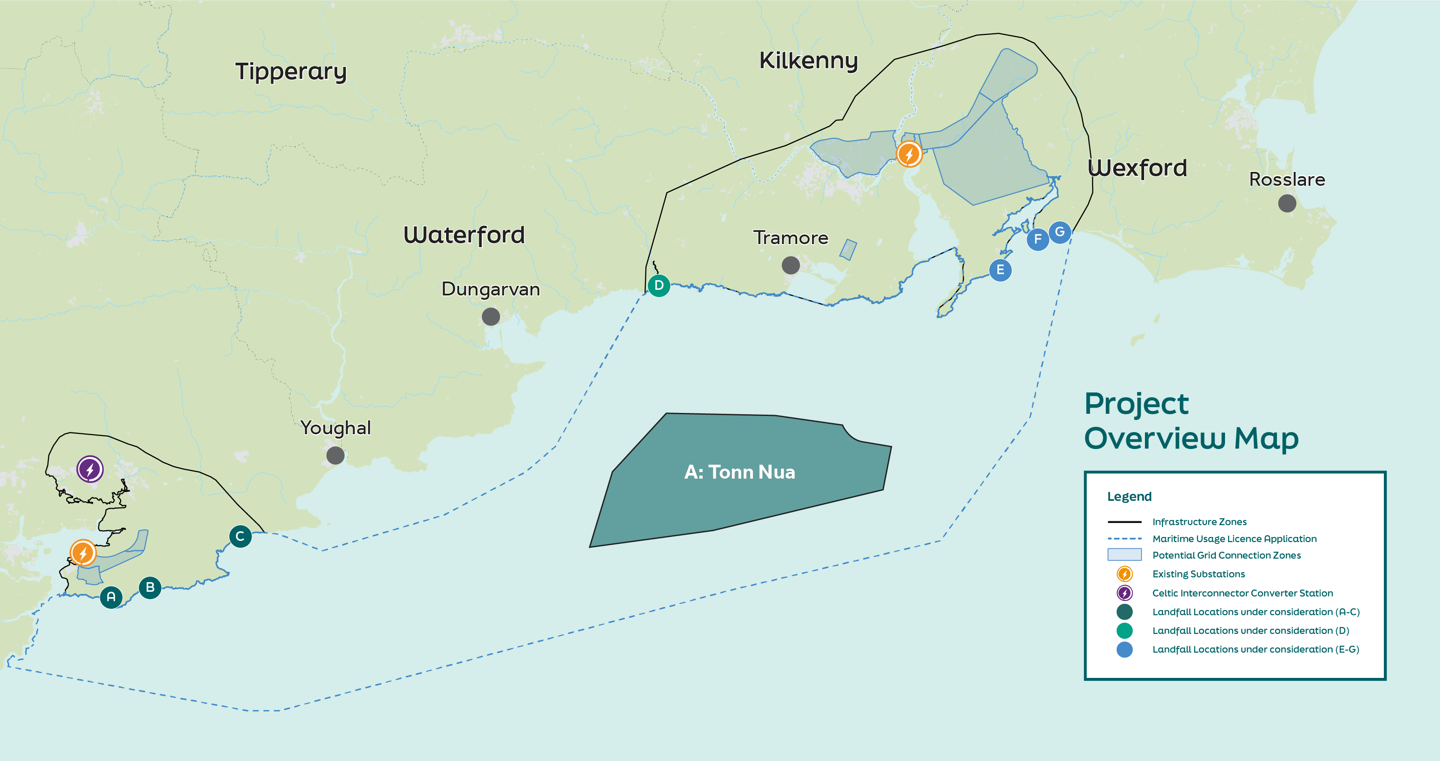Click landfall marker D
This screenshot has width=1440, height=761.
click(659, 285)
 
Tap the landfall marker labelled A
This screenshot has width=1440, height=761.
click(111, 597)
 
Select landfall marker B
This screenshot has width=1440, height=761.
click(150, 587)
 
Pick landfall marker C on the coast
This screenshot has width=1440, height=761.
click(240, 536)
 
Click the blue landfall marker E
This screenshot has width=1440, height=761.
click(1000, 270)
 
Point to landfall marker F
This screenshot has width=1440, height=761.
click(1037, 240)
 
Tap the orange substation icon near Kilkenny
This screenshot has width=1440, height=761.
click(909, 154)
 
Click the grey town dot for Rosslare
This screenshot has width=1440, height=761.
click(1287, 203)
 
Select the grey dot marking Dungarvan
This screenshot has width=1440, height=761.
click(491, 316)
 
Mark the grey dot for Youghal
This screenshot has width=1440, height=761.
click(336, 456)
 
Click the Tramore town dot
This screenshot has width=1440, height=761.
click(790, 265)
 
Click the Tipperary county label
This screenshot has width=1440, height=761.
click(291, 71)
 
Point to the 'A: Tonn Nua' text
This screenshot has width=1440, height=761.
click(739, 472)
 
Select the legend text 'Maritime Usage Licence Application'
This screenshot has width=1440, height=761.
click(1234, 539)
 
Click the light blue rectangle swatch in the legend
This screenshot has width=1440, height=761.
click(1124, 555)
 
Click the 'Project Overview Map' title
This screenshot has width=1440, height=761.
click(1191, 421)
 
